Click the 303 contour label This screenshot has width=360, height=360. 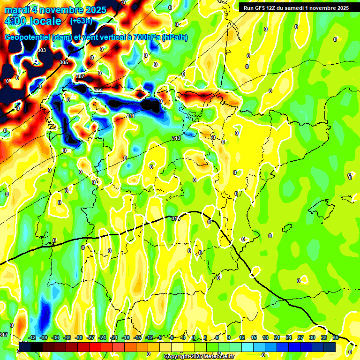click(42, 50)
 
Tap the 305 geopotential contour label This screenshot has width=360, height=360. click(64, 62)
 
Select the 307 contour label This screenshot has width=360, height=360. click(80, 76)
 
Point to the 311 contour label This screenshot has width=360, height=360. click(130, 116)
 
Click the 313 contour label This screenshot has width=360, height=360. click(176, 138)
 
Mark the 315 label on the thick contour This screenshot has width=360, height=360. click(176, 218)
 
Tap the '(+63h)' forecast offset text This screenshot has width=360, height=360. click(82, 21)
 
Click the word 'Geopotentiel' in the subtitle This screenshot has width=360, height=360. click(28, 37)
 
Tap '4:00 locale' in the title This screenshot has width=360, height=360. click(33, 21)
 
